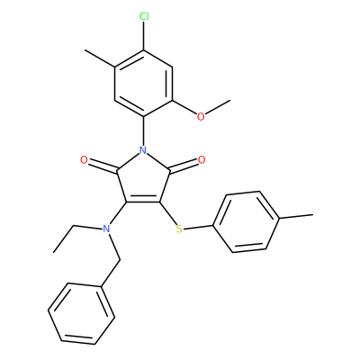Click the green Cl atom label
point(144,17)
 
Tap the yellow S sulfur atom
point(179,229)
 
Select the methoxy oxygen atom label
point(201,116)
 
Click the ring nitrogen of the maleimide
point(143,149)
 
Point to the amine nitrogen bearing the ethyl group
point(105,229)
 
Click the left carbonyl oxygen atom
point(84,160)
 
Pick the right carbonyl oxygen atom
point(202,160)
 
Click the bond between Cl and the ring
point(144,36)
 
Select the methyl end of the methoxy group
point(230,100)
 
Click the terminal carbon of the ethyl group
point(54,252)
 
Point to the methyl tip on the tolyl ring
point(313,215)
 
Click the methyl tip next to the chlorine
point(85,50)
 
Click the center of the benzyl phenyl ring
point(82,313)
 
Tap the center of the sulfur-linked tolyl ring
point(247,222)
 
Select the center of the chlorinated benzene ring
point(144,84)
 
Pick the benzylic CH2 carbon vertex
point(120,260)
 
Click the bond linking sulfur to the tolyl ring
point(198,228)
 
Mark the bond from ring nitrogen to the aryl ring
point(144,130)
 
